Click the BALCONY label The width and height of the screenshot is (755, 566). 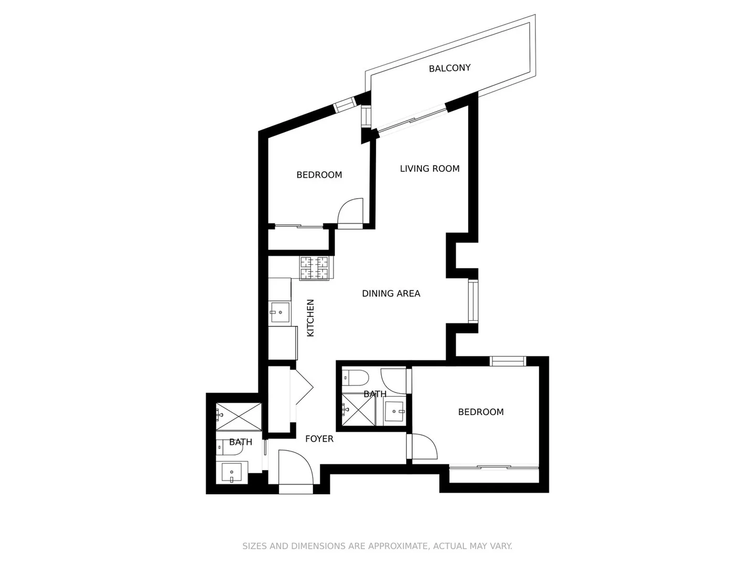449,68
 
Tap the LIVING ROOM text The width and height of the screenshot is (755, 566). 429,169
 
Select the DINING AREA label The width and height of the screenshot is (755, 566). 391,293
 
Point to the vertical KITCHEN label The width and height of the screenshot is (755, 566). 310,318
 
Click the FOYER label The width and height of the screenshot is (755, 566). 319,439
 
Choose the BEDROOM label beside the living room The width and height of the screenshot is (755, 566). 319,175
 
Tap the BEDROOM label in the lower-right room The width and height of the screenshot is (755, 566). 481,412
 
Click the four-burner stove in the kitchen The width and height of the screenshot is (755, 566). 315,268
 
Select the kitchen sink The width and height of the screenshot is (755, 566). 279,313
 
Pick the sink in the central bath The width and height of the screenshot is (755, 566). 394,411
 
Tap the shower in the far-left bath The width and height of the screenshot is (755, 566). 239,417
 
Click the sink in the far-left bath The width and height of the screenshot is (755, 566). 232,473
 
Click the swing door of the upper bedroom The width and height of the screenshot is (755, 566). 350,213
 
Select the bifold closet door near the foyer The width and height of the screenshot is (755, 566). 301,388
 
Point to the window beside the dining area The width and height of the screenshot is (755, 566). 473,301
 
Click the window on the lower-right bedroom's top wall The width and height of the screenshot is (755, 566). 508,361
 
